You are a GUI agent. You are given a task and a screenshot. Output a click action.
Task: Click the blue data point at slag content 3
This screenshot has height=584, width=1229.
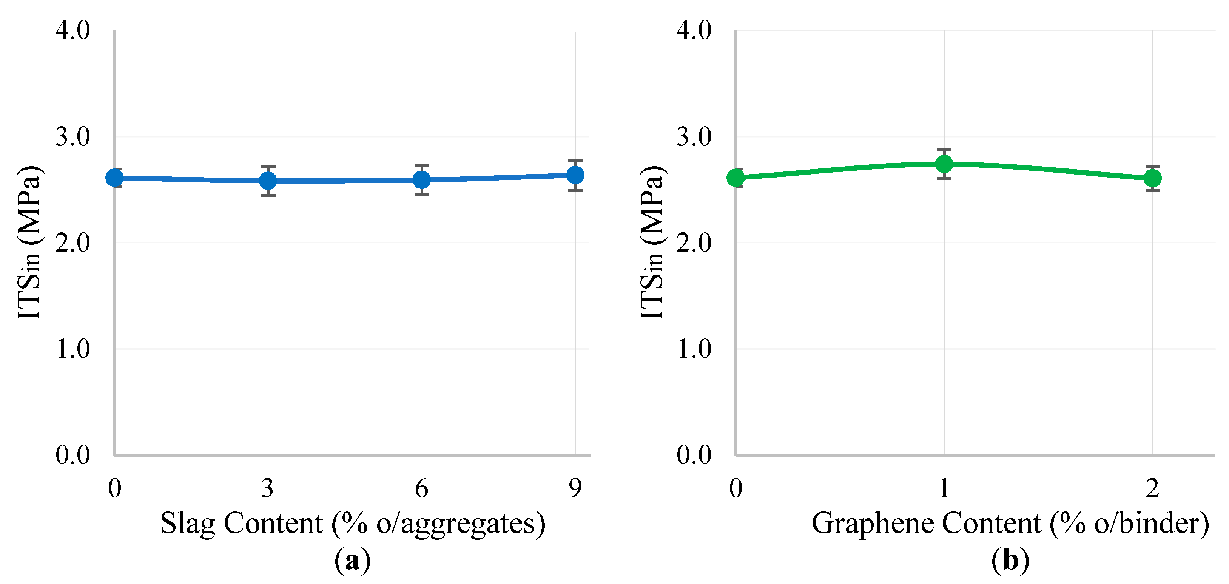pos(268,180)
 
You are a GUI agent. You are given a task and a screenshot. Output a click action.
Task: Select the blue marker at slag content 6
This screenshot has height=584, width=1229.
pos(422,179)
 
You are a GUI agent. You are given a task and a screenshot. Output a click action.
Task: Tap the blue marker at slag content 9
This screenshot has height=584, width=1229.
pos(575,175)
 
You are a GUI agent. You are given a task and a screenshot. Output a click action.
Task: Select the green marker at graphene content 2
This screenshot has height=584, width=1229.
pos(1153,178)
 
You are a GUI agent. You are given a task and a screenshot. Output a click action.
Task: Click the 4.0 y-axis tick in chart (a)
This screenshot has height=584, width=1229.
pos(72,31)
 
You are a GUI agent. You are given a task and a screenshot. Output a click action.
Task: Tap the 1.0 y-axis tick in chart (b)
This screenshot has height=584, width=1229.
pos(694,349)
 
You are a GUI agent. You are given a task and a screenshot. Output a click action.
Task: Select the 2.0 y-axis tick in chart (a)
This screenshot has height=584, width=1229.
pos(72,243)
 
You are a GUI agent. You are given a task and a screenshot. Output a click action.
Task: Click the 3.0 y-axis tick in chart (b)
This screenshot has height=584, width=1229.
pos(694,137)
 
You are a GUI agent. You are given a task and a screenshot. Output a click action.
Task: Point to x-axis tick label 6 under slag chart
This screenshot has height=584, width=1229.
pos(422,488)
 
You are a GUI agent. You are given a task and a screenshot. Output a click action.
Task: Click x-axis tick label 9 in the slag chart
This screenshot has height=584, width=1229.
pos(575,488)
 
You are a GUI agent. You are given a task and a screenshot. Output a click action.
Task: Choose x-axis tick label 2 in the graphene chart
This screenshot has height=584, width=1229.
pos(1153,488)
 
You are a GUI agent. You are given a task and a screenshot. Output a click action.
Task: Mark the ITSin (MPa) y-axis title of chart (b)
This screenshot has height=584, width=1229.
pos(652,243)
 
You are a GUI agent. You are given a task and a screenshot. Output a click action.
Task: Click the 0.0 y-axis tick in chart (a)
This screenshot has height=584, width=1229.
pos(72,455)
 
